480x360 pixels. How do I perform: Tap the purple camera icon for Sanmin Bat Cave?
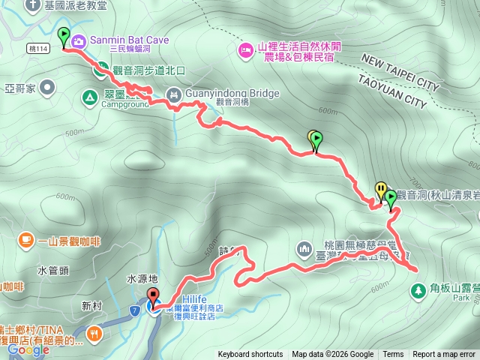coord(78,40)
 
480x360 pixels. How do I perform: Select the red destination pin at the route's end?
coord(153,296)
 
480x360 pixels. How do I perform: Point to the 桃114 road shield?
coord(37,48)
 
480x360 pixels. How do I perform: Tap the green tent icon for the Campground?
coord(88,97)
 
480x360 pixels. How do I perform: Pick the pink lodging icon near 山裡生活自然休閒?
coord(245,50)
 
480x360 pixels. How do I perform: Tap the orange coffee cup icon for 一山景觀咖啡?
coord(26,240)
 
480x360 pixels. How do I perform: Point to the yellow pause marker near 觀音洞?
coord(381,190)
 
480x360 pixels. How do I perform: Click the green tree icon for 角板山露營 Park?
coord(418,289)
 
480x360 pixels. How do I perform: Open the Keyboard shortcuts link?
coord(250,355)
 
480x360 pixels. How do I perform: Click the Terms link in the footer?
coord(393,355)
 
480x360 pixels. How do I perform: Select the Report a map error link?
coord(444,355)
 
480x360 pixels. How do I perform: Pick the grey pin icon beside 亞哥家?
coord(48,88)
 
